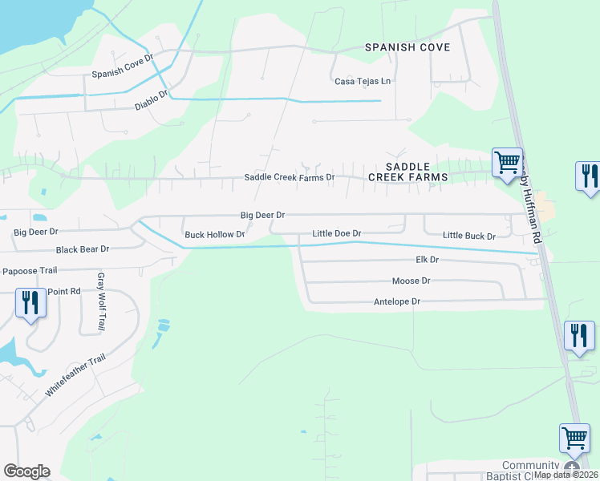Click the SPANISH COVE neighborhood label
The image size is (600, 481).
[x=407, y=47]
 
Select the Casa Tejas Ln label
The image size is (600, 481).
[x=363, y=81]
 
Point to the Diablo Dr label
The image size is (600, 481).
[x=152, y=99]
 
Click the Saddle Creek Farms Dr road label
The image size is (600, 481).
[x=289, y=177]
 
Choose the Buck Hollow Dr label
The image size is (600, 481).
[x=214, y=235]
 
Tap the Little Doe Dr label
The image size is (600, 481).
[x=336, y=233]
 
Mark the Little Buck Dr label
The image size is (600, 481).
[x=469, y=236]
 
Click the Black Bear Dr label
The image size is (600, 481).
[x=82, y=250]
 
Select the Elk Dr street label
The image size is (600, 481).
[x=428, y=261]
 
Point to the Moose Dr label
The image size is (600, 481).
[x=411, y=281]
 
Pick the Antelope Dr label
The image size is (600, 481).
[x=397, y=301]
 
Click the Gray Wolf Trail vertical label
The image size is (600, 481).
[x=102, y=297]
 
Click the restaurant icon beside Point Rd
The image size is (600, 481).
[x=30, y=302]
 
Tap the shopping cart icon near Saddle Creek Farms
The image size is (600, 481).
[x=507, y=163]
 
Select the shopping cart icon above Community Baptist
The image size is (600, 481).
[x=574, y=439]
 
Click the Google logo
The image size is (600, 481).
[x=26, y=471]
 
